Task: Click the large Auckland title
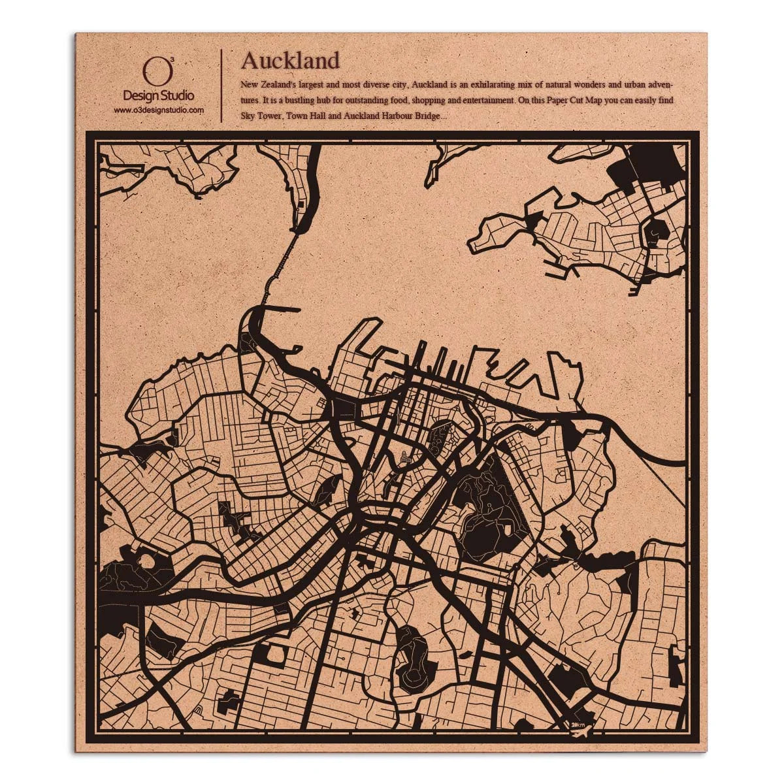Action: click(290, 60)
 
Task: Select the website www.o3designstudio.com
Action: click(159, 110)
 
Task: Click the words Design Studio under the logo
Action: click(159, 96)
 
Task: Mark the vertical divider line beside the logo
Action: click(222, 85)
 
